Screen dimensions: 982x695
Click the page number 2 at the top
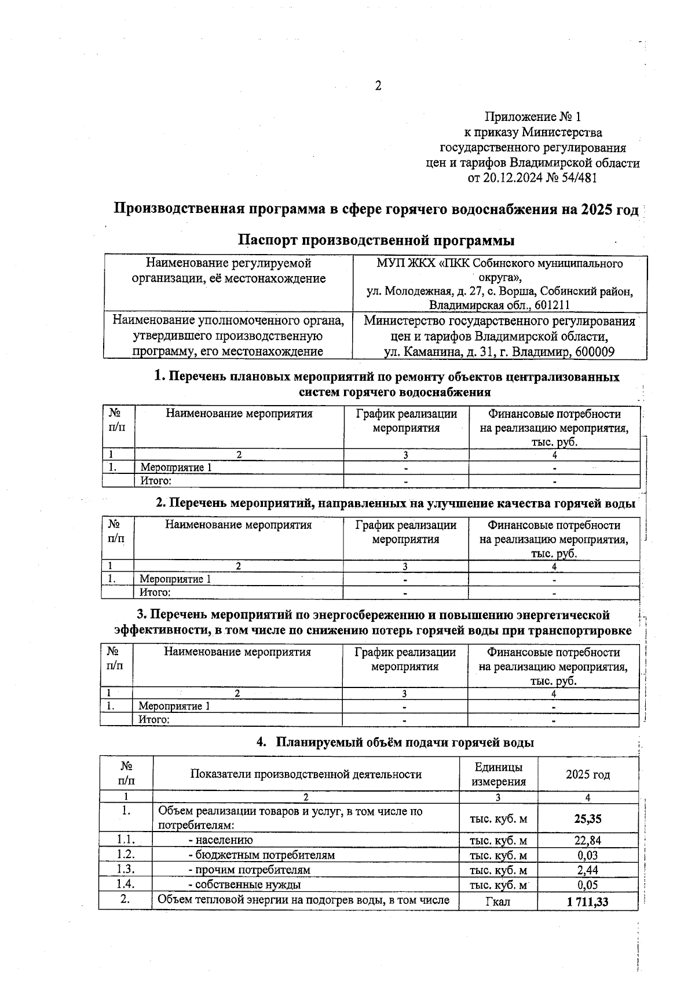tap(378, 86)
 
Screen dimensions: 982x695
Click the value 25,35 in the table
tap(588, 819)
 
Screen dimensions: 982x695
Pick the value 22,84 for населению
tap(588, 840)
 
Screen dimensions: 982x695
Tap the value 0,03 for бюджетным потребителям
tap(588, 855)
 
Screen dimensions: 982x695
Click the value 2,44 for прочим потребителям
tap(588, 870)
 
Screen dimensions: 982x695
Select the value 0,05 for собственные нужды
tap(588, 885)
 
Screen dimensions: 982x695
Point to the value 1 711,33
tap(588, 901)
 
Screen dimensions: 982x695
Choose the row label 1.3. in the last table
tap(125, 869)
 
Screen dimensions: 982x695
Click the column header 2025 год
tap(588, 774)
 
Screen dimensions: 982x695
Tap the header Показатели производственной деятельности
tap(306, 774)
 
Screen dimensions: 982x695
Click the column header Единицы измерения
tap(498, 774)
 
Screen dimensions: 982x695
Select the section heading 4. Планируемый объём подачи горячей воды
tap(396, 742)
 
